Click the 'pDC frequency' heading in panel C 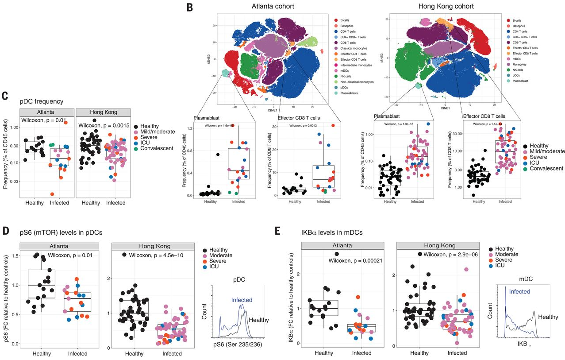point(40,101)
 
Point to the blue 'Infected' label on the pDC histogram point(242,300)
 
